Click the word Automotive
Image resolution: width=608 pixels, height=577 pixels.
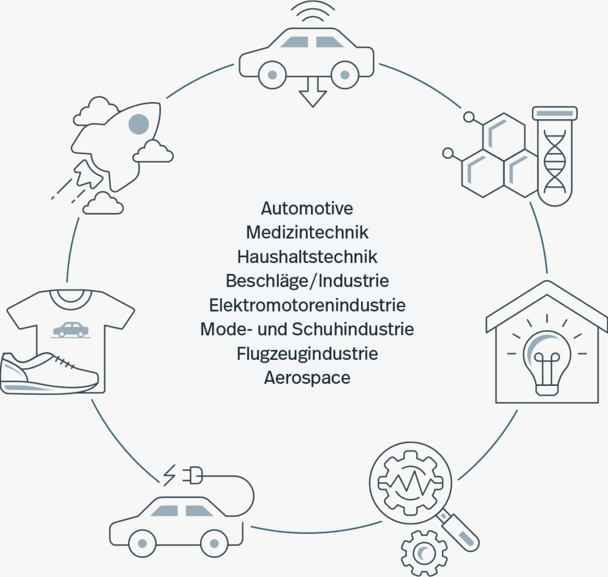(x=307, y=208)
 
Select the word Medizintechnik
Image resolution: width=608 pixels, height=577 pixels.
(x=307, y=232)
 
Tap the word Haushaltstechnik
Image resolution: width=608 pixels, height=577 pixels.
(x=307, y=256)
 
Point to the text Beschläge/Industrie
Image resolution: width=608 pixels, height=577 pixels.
(x=307, y=281)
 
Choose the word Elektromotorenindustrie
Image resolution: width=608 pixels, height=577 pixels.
(x=307, y=305)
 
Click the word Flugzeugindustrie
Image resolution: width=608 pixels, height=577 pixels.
(x=307, y=354)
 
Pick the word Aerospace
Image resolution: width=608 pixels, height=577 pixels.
(x=307, y=378)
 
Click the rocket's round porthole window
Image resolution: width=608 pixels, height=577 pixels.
(x=138, y=123)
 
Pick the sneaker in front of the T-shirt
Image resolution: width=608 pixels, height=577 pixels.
(x=47, y=373)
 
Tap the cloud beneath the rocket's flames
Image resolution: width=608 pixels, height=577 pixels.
(x=103, y=204)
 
